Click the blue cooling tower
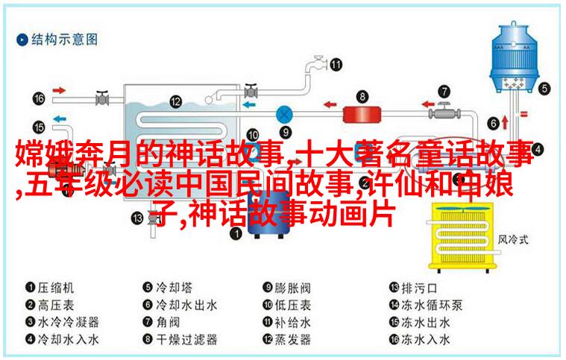[x=514, y=57]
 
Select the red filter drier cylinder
[x=362, y=114]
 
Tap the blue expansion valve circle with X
[x=284, y=115]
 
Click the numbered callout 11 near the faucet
[x=336, y=65]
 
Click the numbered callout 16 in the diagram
[x=39, y=98]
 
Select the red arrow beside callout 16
[x=59, y=90]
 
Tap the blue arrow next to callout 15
[x=60, y=119]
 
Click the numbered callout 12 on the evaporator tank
[x=175, y=101]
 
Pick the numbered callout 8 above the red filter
[x=362, y=96]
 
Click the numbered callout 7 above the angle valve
[x=444, y=91]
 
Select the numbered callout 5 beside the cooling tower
[x=544, y=89]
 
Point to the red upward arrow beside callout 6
[x=505, y=122]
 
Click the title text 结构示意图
[x=64, y=40]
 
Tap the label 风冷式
[x=513, y=239]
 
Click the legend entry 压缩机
[x=56, y=288]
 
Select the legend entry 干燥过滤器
[x=186, y=339]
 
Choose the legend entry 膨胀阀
[x=292, y=288]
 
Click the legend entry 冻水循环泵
[x=431, y=305]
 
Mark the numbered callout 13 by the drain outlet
[x=136, y=218]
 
